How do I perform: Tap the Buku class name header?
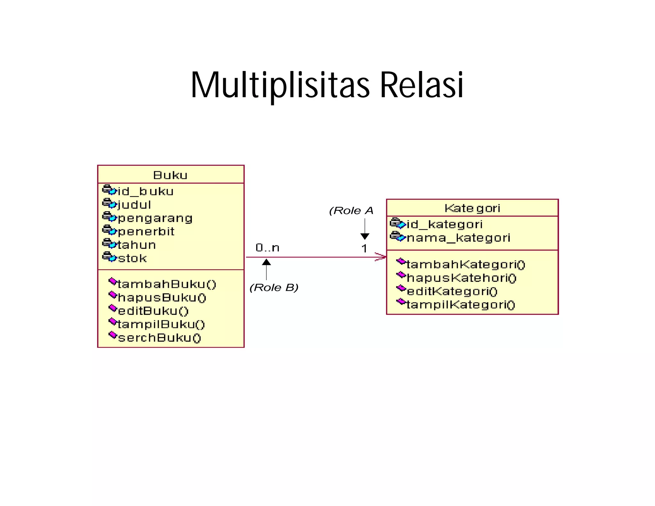(x=170, y=175)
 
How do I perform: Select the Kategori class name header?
(x=472, y=208)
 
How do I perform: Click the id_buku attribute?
(x=146, y=191)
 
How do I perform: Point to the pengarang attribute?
(x=155, y=218)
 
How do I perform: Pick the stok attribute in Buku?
(x=132, y=258)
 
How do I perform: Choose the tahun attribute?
(x=137, y=245)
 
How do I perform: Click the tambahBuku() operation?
(x=167, y=284)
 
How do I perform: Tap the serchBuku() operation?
(x=159, y=338)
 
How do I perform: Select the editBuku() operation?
(x=153, y=311)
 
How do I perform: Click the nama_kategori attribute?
(x=458, y=238)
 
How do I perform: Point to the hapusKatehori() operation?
(x=461, y=278)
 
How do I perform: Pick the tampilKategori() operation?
(x=461, y=305)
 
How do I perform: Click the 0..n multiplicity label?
(x=267, y=248)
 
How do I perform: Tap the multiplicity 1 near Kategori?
(x=364, y=249)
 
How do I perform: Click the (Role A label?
(x=351, y=211)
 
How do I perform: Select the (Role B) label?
(x=274, y=288)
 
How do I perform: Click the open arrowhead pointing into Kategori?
(x=381, y=257)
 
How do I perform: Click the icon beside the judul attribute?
(x=109, y=203)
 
